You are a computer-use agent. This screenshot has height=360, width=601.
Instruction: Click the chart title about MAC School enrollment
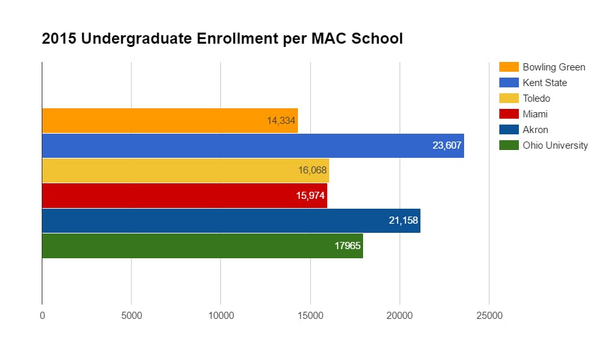click(x=222, y=38)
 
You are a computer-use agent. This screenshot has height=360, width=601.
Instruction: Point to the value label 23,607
click(x=447, y=145)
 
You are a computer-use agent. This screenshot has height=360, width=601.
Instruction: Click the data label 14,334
click(x=282, y=121)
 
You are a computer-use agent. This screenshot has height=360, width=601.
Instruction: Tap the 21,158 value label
click(x=403, y=220)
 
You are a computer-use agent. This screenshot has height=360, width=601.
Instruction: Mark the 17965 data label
click(x=347, y=246)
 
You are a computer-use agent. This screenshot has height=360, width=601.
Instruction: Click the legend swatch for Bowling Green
click(x=508, y=67)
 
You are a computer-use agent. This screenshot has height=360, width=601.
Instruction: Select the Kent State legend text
click(x=544, y=83)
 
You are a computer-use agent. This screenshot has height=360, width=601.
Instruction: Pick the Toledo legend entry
click(x=536, y=98)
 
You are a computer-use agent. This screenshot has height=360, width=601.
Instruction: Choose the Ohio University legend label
click(x=555, y=145)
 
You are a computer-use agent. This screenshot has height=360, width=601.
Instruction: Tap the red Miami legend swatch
click(x=508, y=114)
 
